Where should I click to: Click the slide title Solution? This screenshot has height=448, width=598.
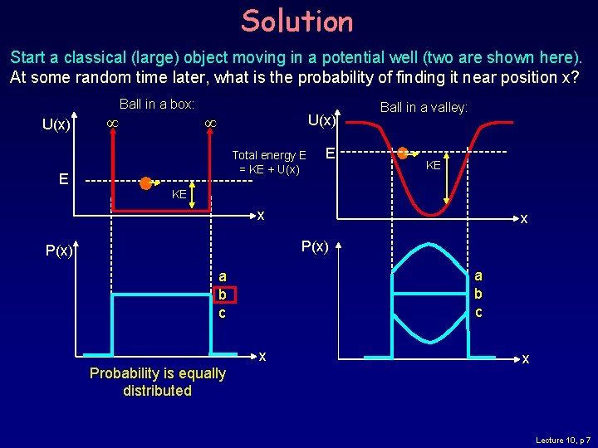pos(297,21)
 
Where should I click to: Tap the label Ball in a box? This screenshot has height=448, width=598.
pos(157,105)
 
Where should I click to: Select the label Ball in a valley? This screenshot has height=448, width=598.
pos(424,107)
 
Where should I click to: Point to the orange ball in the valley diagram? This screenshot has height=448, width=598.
pos(403,153)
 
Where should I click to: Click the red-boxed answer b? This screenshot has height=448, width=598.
pos(223,295)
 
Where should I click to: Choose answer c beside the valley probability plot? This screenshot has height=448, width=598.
pos(478,312)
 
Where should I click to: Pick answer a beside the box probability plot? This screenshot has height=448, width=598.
pos(223,276)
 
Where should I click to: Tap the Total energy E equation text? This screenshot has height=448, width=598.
pos(268,163)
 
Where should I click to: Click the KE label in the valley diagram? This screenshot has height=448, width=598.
pos(433,166)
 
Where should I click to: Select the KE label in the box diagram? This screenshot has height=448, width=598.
pos(179,195)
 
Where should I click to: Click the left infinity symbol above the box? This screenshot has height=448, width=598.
pos(107,124)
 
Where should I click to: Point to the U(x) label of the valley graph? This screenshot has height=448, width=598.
pos(321,120)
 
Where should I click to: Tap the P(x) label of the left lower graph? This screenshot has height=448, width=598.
pos(59,251)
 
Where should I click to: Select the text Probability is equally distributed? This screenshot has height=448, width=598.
pos(157,382)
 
